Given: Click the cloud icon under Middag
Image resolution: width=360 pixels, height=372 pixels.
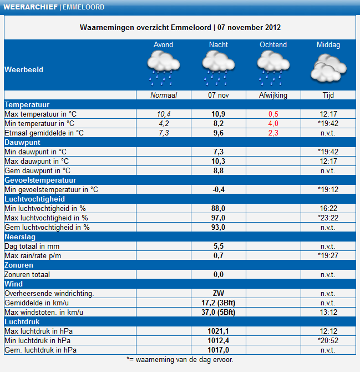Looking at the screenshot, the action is coord(328,68).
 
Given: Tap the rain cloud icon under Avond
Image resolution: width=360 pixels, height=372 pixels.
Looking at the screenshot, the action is coord(164,68).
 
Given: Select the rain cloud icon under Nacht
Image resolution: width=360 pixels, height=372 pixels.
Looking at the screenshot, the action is coord(219,68).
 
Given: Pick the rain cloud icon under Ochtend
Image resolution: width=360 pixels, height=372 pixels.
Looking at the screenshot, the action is coord(273,68).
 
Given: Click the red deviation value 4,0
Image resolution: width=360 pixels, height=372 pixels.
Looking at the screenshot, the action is coord(273,124).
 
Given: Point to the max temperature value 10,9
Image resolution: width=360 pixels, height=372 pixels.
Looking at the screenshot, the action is coord(219,114).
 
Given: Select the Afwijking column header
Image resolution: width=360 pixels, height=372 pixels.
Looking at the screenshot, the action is coord(273,95).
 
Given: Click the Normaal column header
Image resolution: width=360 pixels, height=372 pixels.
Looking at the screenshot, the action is coord(164,95).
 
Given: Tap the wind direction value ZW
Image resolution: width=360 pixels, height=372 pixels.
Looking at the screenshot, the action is coord(219,294).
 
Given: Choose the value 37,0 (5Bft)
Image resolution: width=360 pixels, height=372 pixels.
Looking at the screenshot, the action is coord(219,312).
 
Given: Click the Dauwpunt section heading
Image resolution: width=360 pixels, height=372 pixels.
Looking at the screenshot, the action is coord(23,142).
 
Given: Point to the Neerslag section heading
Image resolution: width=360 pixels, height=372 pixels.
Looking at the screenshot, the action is coord(20,237).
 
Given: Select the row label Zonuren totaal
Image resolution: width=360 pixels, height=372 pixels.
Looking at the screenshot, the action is coord(27,274).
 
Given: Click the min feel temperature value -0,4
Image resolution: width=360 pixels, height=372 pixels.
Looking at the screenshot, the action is coord(219,189).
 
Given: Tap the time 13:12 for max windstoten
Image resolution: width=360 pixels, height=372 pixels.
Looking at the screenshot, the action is coord(328,312).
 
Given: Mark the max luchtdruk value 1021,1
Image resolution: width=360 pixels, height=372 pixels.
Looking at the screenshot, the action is coord(219,331).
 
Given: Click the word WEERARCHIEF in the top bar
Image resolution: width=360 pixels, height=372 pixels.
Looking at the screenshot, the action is coord(31,7).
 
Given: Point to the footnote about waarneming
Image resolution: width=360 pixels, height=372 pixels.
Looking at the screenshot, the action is coord(180,360).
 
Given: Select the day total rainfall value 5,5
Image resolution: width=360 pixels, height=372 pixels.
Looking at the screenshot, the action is coord(219,247).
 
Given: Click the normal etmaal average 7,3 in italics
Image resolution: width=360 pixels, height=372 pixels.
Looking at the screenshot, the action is coord(164,133).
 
